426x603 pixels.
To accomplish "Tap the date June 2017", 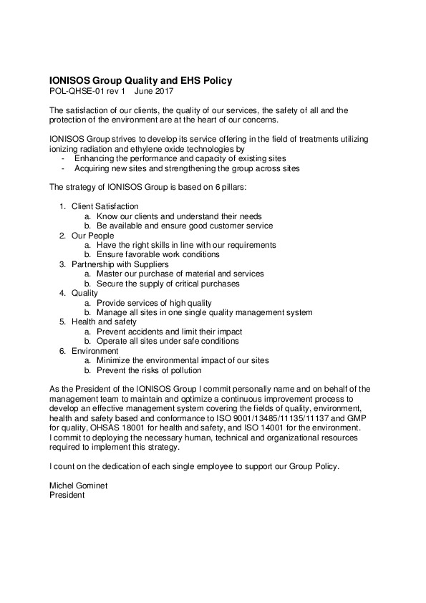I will click(x=154, y=91).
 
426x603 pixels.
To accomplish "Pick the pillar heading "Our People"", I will click(x=90, y=235).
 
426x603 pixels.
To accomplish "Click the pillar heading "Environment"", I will click(x=95, y=351).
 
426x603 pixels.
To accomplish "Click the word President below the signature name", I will click(x=67, y=495).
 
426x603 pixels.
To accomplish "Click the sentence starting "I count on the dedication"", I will click(x=193, y=466).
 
